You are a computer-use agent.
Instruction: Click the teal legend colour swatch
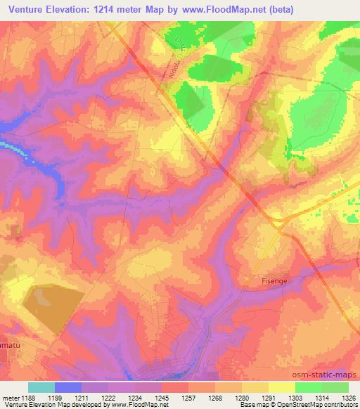pos(41,387)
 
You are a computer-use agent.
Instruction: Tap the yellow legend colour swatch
pos(282,387)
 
